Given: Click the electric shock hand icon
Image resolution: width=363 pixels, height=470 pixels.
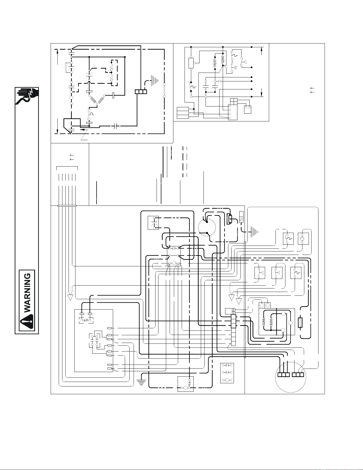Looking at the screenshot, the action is [27, 96].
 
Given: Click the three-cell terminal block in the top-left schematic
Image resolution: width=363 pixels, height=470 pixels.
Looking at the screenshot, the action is [141, 92].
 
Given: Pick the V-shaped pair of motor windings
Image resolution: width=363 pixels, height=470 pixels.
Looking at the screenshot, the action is [97, 100].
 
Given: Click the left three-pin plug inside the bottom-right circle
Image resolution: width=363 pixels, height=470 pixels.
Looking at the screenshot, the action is [283, 374].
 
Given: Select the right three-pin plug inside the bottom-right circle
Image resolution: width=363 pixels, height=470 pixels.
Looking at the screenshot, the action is [298, 374].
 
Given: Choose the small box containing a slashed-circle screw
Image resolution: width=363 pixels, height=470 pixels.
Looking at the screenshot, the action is [242, 217].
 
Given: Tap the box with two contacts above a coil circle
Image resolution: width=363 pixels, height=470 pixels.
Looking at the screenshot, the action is [227, 373].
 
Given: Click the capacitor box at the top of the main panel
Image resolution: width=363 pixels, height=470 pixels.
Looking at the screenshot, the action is [153, 223].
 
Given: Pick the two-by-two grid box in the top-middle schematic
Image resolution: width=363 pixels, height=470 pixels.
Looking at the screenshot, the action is [233, 102].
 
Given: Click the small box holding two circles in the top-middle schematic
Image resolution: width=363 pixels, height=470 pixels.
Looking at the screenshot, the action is [247, 109].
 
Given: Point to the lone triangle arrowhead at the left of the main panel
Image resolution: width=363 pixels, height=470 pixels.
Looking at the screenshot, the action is [70, 297].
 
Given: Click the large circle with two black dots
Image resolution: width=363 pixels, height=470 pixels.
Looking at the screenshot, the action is [207, 228].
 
